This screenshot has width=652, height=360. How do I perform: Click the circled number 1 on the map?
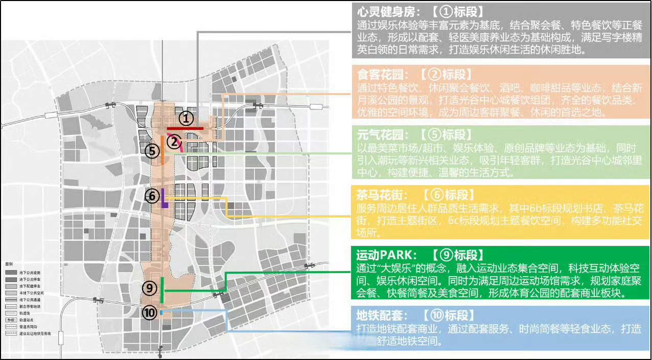click(187, 119)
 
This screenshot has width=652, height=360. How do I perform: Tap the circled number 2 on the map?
click(174, 142)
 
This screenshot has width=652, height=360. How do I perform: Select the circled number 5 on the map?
click(152, 151)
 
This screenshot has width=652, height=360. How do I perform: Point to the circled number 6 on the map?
click(152, 196)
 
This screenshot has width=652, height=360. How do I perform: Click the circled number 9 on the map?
click(149, 288)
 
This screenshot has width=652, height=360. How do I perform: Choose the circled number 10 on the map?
click(149, 313)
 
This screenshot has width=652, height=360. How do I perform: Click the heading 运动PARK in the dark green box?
click(387, 255)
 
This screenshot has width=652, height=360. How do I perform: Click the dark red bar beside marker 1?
click(185, 128)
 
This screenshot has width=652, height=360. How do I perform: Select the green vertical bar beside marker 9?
click(162, 289)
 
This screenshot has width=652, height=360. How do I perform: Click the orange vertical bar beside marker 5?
click(162, 150)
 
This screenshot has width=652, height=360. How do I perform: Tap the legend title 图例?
click(9, 264)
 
